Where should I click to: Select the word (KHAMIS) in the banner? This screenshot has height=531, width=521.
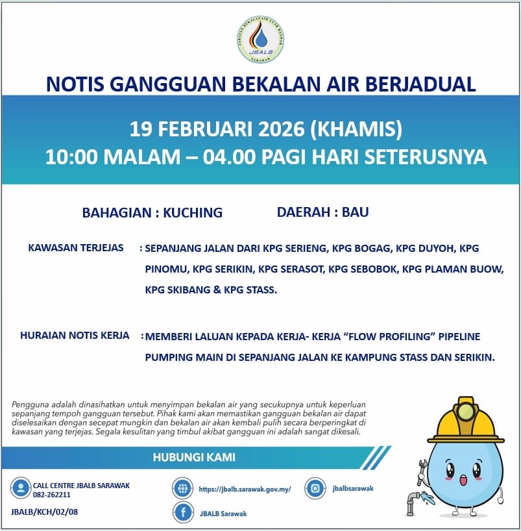(357, 129)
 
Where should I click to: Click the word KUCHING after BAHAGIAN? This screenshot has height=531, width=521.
(193, 212)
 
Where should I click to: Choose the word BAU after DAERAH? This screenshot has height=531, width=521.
(356, 212)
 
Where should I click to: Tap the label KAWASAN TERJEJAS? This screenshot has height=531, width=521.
(76, 248)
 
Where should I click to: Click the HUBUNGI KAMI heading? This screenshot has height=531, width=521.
(194, 457)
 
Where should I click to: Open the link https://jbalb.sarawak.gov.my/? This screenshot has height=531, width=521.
(245, 489)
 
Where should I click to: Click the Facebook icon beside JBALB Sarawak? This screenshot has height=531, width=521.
(184, 513)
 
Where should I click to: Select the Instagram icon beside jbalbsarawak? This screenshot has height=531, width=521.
(315, 488)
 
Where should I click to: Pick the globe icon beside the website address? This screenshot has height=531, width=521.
(184, 489)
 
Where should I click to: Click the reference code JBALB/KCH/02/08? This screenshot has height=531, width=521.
(45, 512)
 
